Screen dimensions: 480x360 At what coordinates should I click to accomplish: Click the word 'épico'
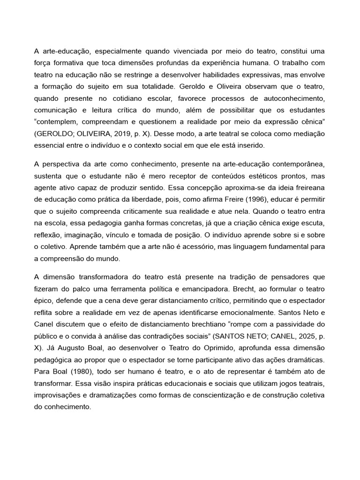click(x=45, y=300)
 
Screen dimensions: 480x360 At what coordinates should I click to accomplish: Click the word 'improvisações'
click(x=58, y=396)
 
